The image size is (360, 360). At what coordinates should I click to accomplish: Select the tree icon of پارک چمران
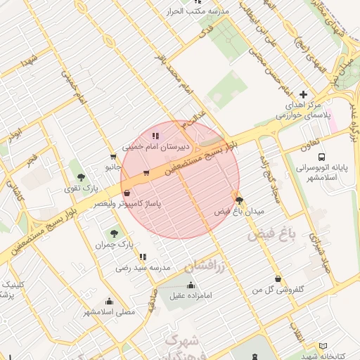(x=113, y=233)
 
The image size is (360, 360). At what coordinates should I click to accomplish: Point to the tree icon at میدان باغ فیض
(x=238, y=200)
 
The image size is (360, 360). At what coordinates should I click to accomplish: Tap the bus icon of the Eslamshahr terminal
(x=321, y=157)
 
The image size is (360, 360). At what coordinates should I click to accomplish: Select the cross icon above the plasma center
(x=303, y=94)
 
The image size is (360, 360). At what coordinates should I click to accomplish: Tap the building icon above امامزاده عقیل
(x=191, y=285)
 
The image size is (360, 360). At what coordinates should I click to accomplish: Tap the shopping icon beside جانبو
(x=113, y=157)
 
